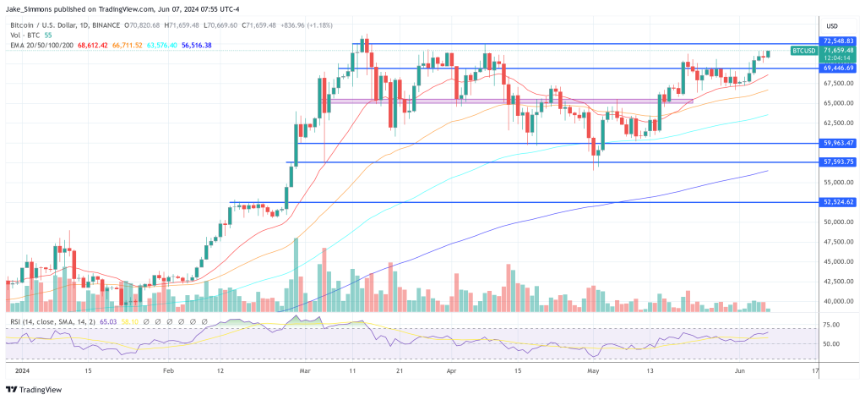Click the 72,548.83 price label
(x=840, y=41)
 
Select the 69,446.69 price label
(x=840, y=67)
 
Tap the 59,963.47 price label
(x=840, y=143)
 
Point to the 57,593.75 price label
(x=840, y=162)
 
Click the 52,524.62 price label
(x=840, y=202)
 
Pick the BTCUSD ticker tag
(x=803, y=51)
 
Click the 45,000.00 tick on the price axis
(x=840, y=261)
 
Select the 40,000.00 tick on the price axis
(x=840, y=301)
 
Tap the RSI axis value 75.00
(x=832, y=325)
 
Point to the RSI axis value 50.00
(x=832, y=344)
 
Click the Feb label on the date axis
(x=167, y=371)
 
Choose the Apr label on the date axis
(x=450, y=371)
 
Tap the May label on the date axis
(x=594, y=371)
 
